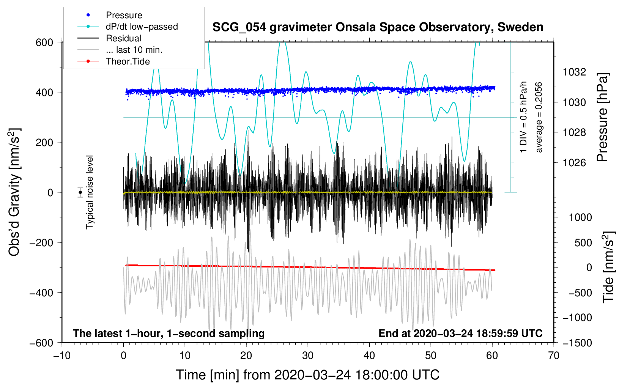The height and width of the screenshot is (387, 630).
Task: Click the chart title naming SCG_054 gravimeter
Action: [378, 27]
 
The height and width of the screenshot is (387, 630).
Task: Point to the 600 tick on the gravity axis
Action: [44, 42]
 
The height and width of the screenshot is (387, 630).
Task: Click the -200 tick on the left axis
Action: [41, 242]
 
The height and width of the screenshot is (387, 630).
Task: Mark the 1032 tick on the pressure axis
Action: [574, 72]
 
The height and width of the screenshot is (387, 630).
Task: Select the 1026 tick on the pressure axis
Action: [574, 162]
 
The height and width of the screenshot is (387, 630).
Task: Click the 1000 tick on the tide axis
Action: [580, 217]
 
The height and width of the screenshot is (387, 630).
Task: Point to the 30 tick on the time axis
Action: [308, 356]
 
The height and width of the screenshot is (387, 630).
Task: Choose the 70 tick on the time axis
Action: [553, 356]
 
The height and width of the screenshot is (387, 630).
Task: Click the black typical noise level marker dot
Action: [80, 192]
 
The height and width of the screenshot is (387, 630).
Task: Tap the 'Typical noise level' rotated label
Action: [89, 192]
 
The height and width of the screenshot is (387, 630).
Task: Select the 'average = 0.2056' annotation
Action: [538, 118]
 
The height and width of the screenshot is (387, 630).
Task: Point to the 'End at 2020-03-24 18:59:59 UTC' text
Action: [460, 333]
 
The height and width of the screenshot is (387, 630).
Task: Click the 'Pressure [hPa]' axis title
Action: [602, 118]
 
